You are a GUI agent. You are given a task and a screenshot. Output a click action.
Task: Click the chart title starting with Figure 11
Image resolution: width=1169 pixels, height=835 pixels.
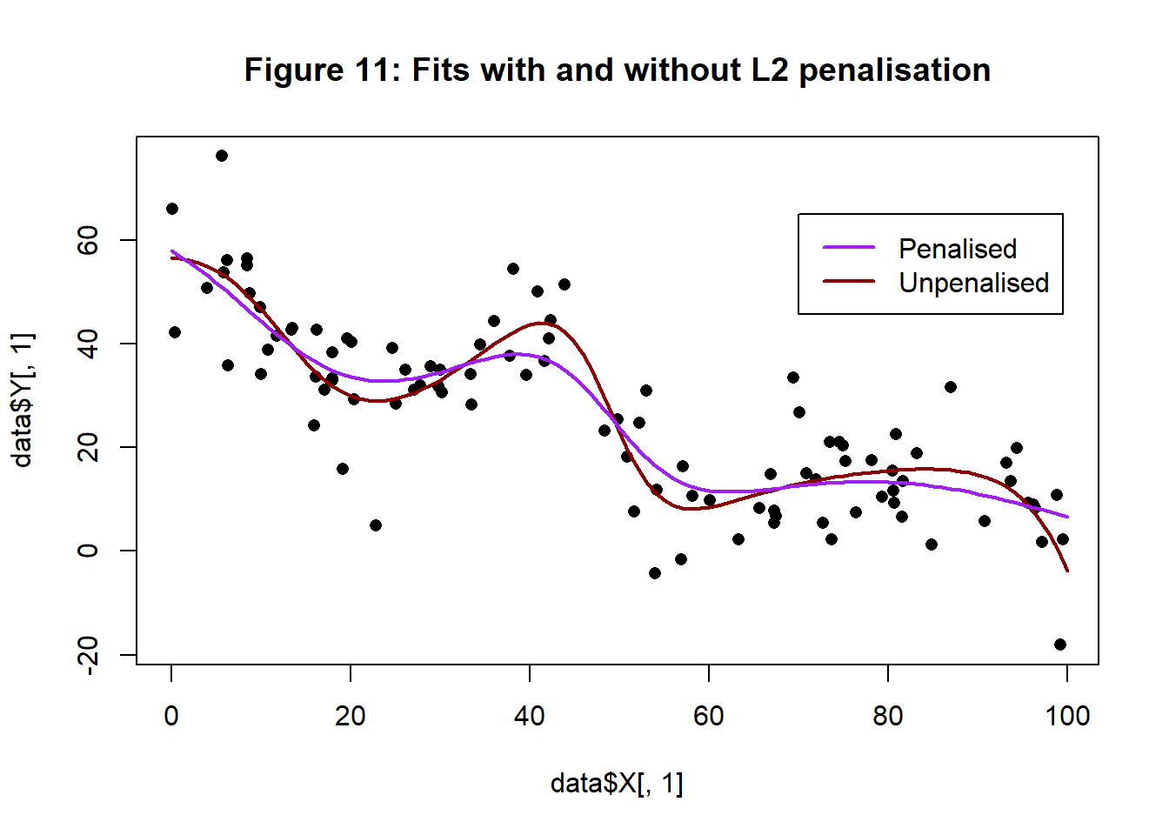pos(617,70)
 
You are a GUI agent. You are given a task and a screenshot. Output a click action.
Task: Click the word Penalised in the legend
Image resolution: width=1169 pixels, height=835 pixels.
pos(957,249)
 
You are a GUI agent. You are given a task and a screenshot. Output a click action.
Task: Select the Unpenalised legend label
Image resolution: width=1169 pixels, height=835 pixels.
pos(973,283)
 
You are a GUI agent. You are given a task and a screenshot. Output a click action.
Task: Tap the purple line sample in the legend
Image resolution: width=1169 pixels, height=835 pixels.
pos(849,248)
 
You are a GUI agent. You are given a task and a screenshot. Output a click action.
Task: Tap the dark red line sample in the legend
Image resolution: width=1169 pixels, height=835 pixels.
pos(849,282)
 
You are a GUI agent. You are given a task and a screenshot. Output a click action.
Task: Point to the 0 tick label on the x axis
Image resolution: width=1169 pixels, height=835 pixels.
pos(171,716)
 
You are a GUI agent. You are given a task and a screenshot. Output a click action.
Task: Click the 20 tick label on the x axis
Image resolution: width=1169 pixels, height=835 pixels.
pos(351,716)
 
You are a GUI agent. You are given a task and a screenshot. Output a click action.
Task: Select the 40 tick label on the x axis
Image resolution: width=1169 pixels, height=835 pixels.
pos(530,716)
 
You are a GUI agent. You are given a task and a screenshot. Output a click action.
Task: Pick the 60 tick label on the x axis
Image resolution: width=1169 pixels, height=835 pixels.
pos(709,716)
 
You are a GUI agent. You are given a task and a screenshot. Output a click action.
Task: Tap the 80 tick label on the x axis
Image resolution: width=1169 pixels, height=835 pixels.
pos(888,716)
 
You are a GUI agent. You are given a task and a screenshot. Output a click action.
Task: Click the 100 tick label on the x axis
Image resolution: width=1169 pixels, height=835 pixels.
pos(1067,716)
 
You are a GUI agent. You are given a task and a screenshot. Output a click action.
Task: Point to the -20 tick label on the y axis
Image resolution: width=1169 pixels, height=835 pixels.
pos(88,654)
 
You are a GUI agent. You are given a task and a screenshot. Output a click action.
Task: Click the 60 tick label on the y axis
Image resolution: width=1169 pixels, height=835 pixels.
pos(88,240)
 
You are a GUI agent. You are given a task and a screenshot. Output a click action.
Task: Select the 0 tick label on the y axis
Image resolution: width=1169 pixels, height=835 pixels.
pos(88,551)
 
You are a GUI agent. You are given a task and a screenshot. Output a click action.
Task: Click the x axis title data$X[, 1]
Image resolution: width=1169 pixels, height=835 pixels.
pos(617,784)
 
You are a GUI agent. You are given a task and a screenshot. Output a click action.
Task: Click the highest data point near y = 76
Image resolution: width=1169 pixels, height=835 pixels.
pos(222,156)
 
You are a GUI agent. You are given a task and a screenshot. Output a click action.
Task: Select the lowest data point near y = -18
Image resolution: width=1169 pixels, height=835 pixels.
pos(1059,645)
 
